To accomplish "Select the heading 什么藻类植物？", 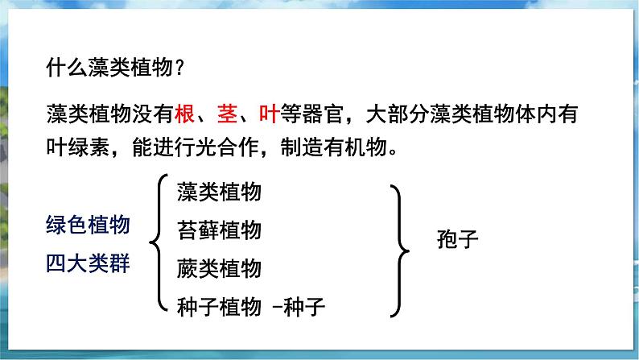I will click(117, 69).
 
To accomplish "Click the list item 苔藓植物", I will click(219, 230).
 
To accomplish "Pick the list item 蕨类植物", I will click(219, 267).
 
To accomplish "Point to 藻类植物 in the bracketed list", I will click(219, 193).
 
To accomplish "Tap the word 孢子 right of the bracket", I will click(457, 239).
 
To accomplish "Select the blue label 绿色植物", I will click(88, 226).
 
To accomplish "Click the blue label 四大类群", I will click(88, 263).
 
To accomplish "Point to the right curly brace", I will click(397, 250).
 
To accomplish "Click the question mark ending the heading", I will click(180, 69).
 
